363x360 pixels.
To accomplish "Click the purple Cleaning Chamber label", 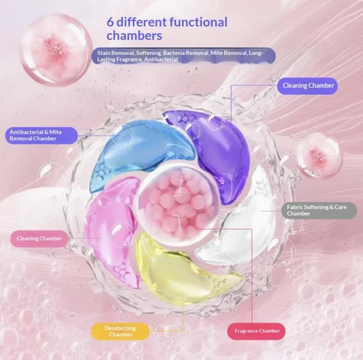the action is [x=307, y=86].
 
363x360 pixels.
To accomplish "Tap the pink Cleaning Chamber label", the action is [x=39, y=238].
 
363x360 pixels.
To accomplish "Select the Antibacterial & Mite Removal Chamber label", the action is [x=41, y=136].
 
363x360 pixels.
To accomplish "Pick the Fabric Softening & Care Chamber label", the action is [x=319, y=211].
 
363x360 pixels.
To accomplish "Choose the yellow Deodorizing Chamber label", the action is [x=120, y=332].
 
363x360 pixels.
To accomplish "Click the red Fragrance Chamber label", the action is [x=257, y=332].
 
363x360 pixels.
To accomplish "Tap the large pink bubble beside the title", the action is [x=56, y=49].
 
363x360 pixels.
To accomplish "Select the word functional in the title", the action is [x=198, y=22].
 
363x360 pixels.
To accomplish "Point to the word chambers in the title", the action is [x=134, y=36].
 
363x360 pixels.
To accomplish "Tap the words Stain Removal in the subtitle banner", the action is [x=116, y=53].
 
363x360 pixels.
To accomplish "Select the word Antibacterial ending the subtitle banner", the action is [x=161, y=59].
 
